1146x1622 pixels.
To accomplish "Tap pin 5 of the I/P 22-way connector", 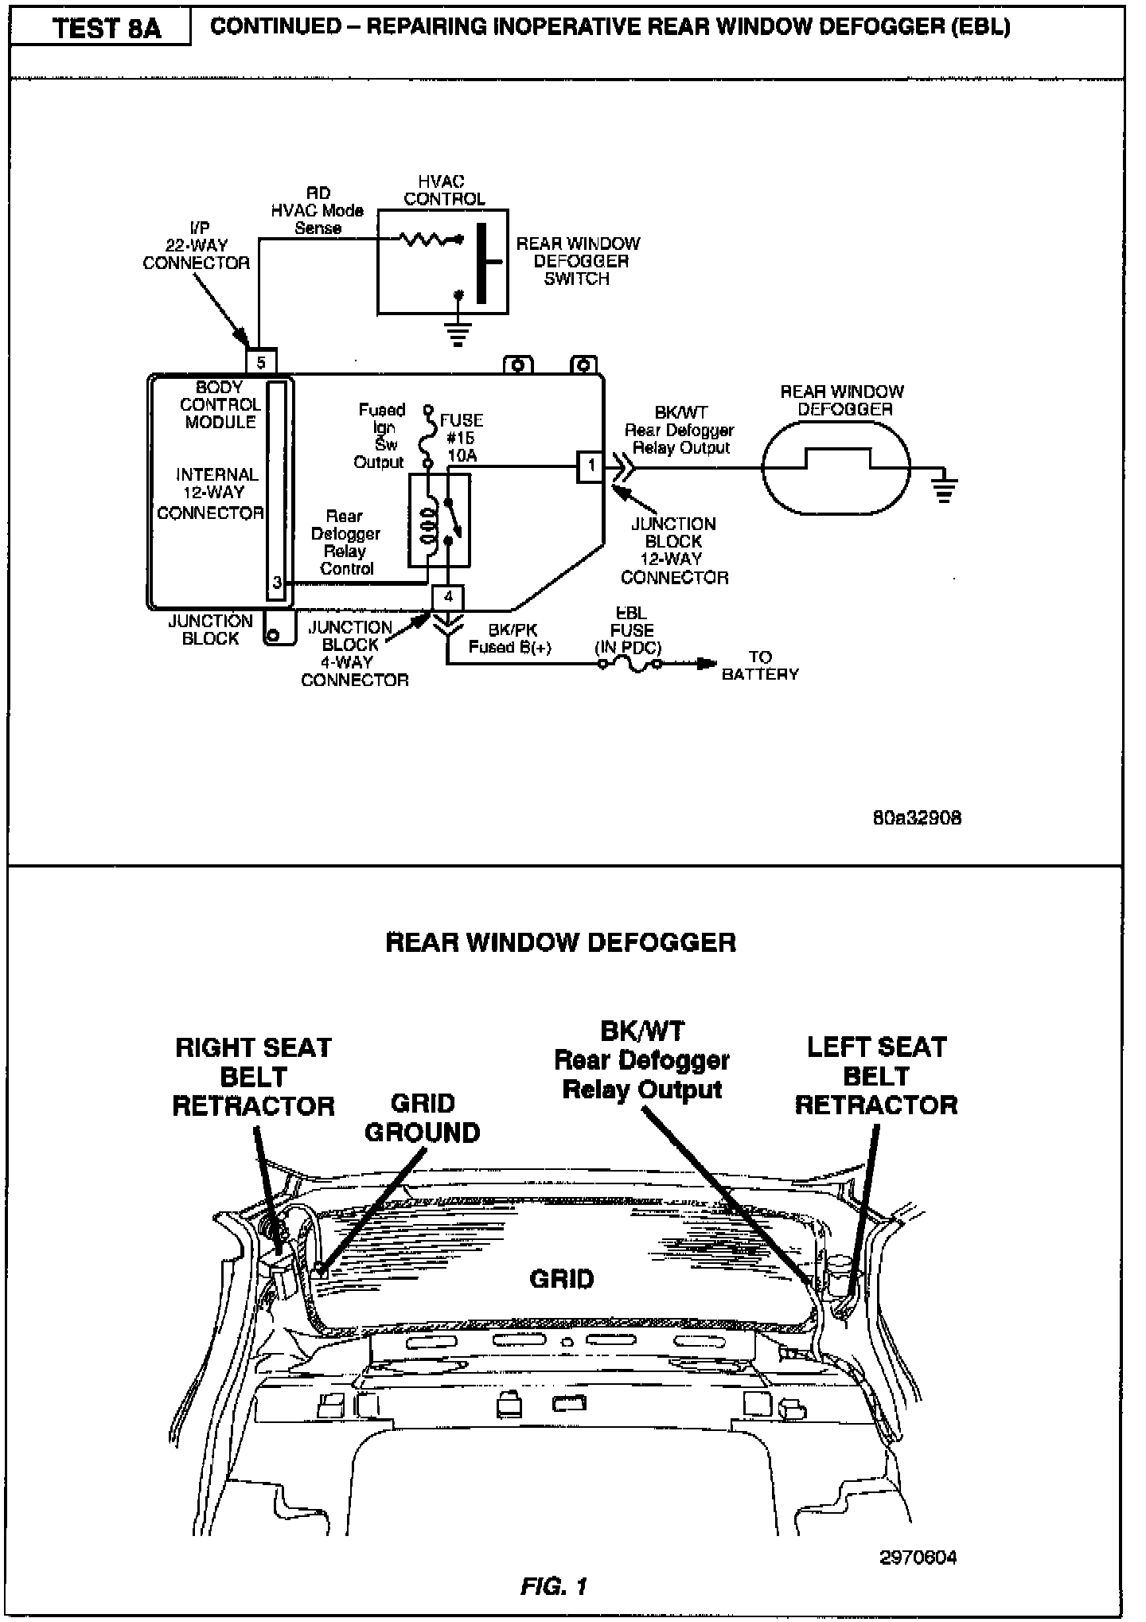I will pos(261,362).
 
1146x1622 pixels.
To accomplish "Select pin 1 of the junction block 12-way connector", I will pos(591,466).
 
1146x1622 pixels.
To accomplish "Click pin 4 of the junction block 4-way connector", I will pos(448,596).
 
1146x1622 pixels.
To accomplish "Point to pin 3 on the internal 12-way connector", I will pos(277,582).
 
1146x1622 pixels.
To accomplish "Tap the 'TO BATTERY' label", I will pos(760,665).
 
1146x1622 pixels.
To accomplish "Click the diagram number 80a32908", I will pos(917,817).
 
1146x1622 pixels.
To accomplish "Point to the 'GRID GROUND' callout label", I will pos(423,1117).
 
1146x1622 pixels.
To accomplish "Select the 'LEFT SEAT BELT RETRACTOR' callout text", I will pos(876,1075).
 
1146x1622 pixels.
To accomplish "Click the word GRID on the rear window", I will pos(562,1279).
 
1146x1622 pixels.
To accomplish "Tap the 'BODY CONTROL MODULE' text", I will pos(220,404).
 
